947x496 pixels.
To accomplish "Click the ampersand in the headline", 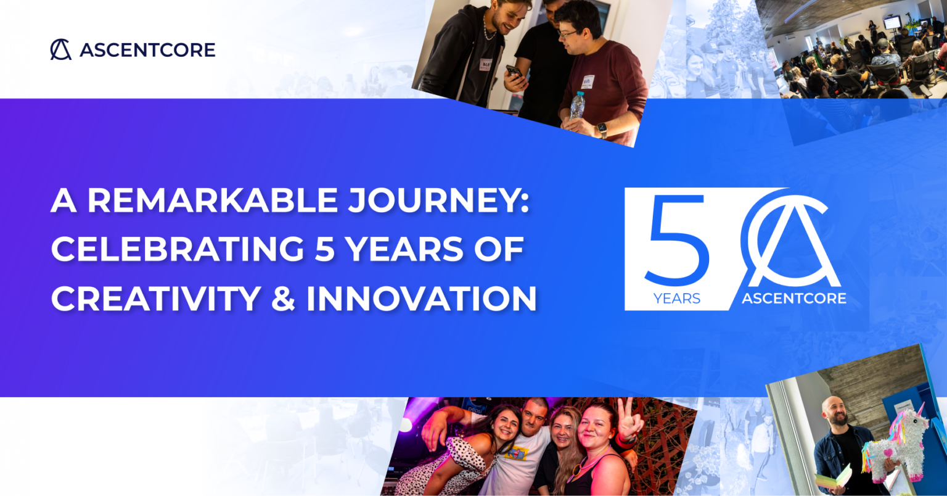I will [283, 299].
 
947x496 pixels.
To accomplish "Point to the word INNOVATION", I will [421, 299].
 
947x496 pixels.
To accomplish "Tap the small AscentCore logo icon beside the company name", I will [60, 49].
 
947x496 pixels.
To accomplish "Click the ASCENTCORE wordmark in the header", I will [147, 50].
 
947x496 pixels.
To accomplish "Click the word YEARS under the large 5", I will [676, 299].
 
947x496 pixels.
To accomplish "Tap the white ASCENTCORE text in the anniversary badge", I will [793, 299].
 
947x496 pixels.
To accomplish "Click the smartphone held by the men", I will [514, 72].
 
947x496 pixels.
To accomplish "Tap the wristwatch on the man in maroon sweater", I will [602, 129].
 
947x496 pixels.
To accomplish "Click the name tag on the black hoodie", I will [486, 65].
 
